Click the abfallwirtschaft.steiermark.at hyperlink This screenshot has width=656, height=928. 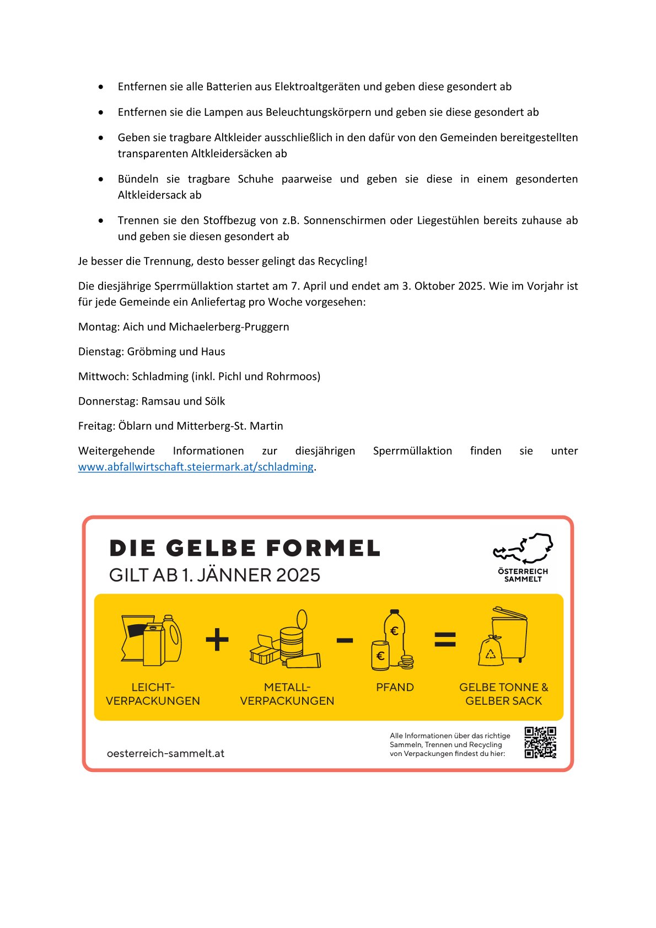[196, 467]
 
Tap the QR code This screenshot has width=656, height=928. [540, 742]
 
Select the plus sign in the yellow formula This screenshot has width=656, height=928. [217, 640]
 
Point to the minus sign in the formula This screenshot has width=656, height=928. [345, 640]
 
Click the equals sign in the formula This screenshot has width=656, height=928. [445, 640]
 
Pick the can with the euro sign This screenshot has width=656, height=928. [380, 656]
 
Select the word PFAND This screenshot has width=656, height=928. [395, 688]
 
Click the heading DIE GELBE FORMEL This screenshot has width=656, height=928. [245, 549]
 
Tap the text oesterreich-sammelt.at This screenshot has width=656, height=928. [165, 753]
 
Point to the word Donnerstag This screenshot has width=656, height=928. [107, 401]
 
